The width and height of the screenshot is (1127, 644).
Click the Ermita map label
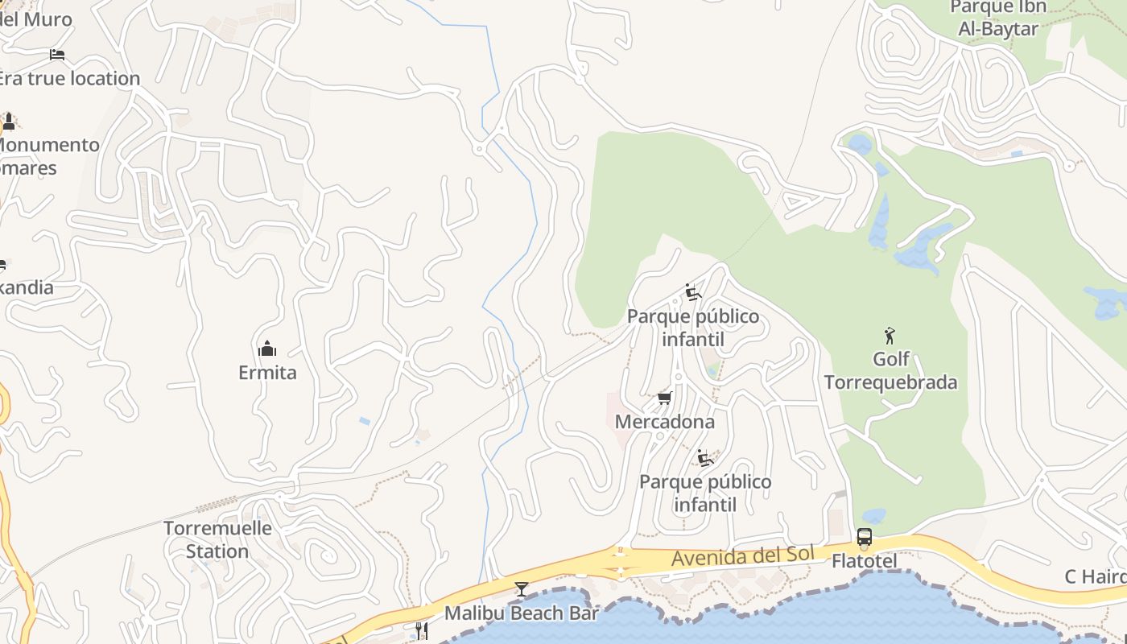pos(267,373)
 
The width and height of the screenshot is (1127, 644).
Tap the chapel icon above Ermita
pos(267,349)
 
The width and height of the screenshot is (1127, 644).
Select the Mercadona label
pos(664,422)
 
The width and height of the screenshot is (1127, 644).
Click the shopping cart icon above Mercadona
pos(665,398)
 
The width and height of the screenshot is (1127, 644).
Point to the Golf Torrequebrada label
pos(890,370)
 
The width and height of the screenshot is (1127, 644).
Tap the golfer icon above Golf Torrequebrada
pos(890,336)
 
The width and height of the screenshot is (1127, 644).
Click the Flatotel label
pos(864,559)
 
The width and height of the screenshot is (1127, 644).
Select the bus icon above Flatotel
pos(864,537)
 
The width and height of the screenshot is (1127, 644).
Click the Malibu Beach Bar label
pos(522,613)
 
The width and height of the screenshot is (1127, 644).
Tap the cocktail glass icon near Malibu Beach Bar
pos(522,589)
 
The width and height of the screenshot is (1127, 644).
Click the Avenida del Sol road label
pos(742,555)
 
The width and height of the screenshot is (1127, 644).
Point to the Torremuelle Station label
pos(217,539)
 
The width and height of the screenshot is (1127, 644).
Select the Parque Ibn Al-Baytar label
pos(998,18)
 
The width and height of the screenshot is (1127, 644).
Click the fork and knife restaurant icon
pos(420,630)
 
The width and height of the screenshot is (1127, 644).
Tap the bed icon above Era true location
pos(56,55)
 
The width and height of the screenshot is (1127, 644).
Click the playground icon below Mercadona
pos(705,458)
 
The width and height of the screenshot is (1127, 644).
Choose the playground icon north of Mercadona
pos(692,292)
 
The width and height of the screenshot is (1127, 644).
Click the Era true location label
pos(69,78)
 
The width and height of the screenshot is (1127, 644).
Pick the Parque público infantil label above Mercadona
pos(693,328)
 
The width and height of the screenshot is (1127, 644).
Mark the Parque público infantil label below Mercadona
pos(705,493)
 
